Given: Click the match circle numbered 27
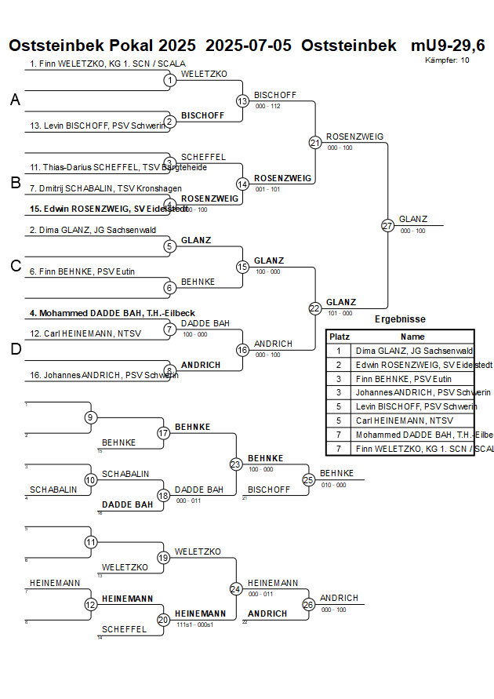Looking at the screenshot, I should click(x=387, y=225).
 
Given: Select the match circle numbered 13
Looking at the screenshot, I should click(x=242, y=100).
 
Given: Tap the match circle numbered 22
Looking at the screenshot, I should click(x=314, y=308).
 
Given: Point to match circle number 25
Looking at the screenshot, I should click(x=308, y=479).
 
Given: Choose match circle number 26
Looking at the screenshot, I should click(x=308, y=604).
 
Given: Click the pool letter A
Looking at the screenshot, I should click(x=15, y=100).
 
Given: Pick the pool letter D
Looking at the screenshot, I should click(x=15, y=349).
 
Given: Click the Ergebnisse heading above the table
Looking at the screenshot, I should click(x=400, y=319).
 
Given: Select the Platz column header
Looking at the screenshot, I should click(x=340, y=336).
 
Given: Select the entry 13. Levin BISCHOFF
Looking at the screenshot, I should click(x=98, y=126).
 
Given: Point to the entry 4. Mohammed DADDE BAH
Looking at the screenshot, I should click(x=112, y=313).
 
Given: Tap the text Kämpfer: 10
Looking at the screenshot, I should click(x=448, y=60).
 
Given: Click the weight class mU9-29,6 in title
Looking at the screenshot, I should click(x=448, y=46).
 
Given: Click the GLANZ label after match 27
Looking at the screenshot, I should click(x=414, y=219).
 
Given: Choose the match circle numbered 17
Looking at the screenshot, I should click(x=164, y=433).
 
